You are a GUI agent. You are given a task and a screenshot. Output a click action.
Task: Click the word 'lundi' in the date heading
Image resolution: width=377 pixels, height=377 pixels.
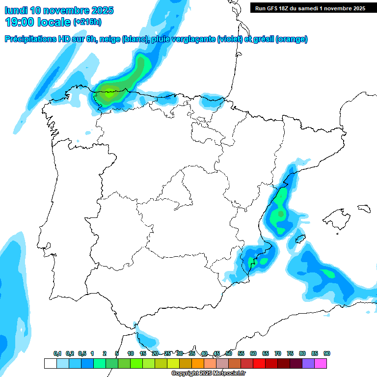click(16, 10)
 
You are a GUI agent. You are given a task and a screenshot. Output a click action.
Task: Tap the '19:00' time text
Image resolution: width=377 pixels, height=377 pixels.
click(20, 22)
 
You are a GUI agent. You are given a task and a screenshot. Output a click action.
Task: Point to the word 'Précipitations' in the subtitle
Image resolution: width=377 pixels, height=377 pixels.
click(30, 39)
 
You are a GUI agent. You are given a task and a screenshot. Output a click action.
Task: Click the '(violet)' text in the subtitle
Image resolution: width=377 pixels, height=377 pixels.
click(230, 39)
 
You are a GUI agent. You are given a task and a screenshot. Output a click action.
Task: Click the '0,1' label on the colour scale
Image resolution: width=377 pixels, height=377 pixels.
click(57, 354)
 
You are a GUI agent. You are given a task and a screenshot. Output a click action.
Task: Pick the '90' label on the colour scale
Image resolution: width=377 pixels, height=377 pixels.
click(327, 354)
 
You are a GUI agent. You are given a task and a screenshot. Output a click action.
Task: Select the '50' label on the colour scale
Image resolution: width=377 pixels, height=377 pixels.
click(229, 354)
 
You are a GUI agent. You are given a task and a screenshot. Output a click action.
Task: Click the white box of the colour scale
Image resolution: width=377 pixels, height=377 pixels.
click(50, 363)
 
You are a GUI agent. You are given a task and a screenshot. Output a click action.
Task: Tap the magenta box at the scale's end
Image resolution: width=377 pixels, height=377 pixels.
click(321, 363)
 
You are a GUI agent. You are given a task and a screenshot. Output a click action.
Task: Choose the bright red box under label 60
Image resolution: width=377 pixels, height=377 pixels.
click(259, 363)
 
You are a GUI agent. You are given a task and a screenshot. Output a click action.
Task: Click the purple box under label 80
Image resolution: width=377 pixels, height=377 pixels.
click(308, 363)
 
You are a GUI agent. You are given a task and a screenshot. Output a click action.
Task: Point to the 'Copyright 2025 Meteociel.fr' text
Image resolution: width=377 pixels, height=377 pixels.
click(208, 374)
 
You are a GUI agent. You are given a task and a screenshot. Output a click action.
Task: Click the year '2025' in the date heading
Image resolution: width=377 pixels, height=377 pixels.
click(100, 10)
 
